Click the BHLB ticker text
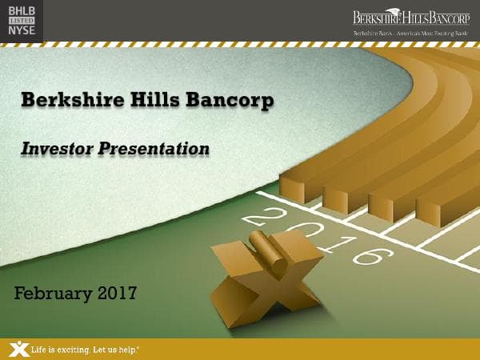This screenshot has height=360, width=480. tap(21, 10)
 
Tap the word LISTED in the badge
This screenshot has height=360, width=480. tap(21, 19)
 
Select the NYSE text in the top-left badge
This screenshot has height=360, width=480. tap(21, 30)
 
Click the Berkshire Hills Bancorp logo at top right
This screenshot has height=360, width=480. tap(411, 18)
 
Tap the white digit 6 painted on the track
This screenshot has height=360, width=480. tap(367, 256)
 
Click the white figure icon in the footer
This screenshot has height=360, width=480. tap(18, 349)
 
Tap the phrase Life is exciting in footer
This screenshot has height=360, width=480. tap(59, 350)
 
